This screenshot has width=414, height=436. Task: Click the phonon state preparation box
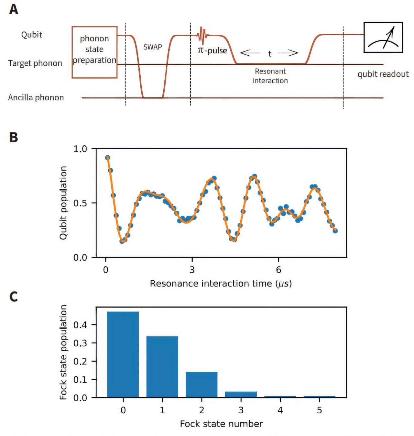[x=94, y=52]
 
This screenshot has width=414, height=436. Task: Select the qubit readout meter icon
[x=383, y=37]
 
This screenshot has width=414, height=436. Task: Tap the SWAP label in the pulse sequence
[x=153, y=47]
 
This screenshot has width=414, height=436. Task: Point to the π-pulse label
[x=212, y=50]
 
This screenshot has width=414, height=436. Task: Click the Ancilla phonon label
[x=36, y=97]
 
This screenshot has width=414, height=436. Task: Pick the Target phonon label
[x=35, y=63]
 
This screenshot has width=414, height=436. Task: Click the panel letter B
[x=14, y=137]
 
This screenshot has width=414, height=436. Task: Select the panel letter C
[x=14, y=296]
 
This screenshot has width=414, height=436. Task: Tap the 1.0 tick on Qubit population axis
[x=80, y=149]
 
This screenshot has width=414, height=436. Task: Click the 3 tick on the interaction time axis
[x=192, y=270]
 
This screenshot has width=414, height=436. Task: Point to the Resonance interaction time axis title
[x=221, y=284]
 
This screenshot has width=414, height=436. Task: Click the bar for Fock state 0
[x=123, y=354]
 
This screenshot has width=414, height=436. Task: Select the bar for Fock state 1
[x=162, y=367]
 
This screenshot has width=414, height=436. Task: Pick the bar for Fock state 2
[x=202, y=385]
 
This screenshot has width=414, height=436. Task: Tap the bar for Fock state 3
[x=241, y=395]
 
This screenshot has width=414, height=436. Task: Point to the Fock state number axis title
[x=221, y=424]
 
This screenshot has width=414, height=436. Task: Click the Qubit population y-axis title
[x=63, y=203]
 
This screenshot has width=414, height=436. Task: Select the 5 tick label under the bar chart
[x=319, y=410]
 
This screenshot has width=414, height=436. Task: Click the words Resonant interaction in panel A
[x=270, y=76]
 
